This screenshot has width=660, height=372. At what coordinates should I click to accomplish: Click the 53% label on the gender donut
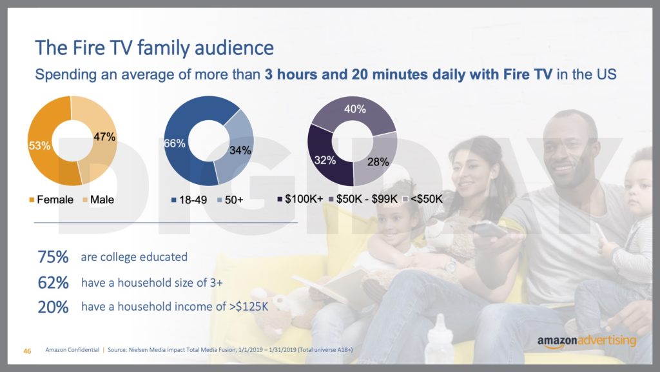tap(39, 145)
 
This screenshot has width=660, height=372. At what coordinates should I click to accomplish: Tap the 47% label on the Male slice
tap(104, 137)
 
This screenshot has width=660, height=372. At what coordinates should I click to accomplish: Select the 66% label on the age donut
tap(175, 143)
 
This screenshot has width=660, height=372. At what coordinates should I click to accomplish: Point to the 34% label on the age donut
tap(240, 150)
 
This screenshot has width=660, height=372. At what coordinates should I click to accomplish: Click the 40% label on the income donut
tap(355, 109)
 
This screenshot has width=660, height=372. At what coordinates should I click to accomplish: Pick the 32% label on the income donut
tap(325, 160)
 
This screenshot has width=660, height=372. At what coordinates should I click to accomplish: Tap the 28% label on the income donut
tap(378, 162)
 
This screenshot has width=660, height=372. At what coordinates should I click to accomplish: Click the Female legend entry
tap(52, 200)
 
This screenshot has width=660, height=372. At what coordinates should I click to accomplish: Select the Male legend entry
tap(98, 200)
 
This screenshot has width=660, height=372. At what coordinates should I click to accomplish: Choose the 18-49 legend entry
tap(189, 200)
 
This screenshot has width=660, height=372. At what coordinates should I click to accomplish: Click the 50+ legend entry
tap(230, 200)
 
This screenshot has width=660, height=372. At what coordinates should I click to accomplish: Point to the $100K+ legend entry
tap(300, 199)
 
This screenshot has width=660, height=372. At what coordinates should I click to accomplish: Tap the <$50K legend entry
tap(423, 199)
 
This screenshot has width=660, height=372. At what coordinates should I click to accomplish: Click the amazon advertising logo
tap(587, 342)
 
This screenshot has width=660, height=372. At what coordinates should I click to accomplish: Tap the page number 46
tap(27, 351)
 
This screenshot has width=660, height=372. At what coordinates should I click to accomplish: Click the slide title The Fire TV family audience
tap(154, 48)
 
